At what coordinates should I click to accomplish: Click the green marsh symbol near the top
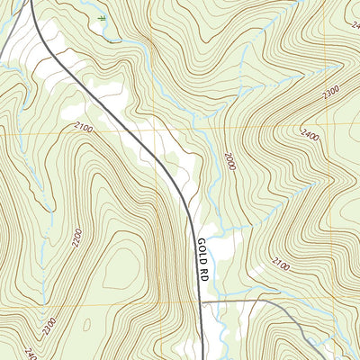[x=103, y=18]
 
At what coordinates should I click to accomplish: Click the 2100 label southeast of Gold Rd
[x=280, y=264]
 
